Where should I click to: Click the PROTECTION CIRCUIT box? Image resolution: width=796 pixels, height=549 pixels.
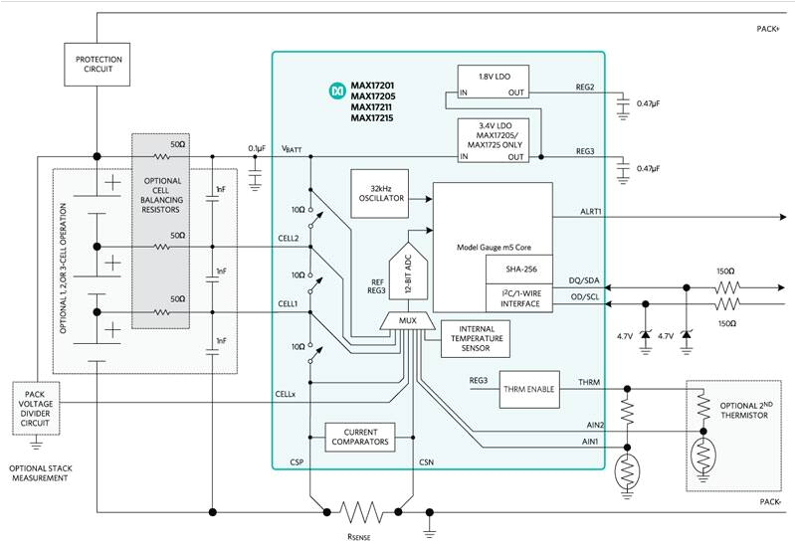[98, 65]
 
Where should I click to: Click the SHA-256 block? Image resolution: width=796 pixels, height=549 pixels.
[516, 268]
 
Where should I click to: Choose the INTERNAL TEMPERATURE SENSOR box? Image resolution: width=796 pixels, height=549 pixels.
[463, 339]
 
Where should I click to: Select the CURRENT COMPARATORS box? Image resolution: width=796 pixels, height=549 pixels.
[359, 437]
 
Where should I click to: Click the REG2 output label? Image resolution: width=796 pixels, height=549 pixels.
[584, 87]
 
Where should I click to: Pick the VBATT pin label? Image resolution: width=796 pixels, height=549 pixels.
[292, 149]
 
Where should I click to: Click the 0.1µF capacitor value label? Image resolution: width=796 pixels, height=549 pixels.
[257, 149]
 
